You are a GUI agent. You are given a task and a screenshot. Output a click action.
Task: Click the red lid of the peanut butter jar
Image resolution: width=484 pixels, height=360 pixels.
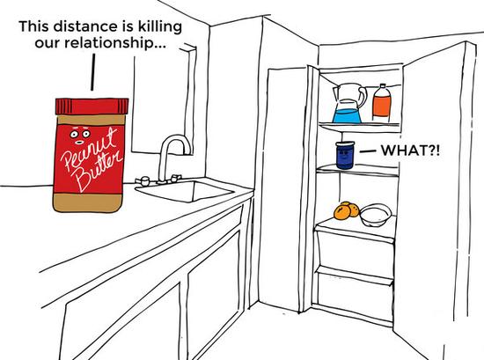point(92,107)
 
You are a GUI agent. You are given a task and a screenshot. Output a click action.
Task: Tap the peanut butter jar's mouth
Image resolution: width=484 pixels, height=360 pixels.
point(79,143)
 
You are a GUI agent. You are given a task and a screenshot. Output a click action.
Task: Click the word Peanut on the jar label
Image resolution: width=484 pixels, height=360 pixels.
point(90,146)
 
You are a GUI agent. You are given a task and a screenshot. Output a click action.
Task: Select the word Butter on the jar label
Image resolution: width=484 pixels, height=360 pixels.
point(99,172)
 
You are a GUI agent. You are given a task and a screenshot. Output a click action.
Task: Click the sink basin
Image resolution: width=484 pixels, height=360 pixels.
point(185,191)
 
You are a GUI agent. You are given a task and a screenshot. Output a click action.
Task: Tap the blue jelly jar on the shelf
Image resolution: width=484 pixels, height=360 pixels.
point(345,155)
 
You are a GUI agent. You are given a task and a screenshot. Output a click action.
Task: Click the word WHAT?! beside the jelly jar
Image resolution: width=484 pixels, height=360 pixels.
point(410,151)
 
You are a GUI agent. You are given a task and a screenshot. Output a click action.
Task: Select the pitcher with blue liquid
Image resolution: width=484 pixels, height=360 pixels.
point(348,104)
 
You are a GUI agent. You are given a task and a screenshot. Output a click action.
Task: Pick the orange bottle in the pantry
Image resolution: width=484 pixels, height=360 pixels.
point(382,104)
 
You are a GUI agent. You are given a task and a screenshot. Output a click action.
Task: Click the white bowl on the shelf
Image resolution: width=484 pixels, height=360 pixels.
point(376,215)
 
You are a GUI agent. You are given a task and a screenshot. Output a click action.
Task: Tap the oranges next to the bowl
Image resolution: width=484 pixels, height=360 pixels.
point(347,211)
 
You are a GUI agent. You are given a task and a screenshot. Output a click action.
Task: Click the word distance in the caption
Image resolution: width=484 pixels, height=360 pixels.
point(86,26)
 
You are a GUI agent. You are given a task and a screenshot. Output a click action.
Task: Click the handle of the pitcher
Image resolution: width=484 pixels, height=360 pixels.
point(362,96)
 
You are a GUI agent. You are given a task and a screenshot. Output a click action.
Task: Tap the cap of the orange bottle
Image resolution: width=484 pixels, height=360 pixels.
point(383,86)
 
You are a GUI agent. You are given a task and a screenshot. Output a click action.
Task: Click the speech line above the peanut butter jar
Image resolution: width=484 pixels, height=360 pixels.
point(92,72)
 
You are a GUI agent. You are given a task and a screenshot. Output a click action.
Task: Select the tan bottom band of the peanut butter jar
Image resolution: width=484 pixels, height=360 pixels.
point(88,202)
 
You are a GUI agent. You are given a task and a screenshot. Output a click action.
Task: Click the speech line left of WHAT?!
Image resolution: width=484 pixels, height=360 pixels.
point(368,151)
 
